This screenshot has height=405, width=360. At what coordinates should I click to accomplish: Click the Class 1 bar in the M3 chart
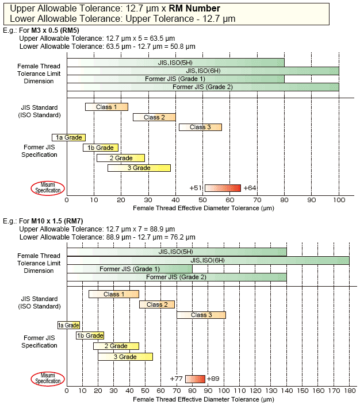click(106, 107)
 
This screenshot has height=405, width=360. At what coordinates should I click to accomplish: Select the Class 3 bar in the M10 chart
click(201, 315)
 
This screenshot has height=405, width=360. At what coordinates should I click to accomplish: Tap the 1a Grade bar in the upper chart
click(68, 137)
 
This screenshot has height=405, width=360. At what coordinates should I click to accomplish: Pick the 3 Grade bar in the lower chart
click(125, 357)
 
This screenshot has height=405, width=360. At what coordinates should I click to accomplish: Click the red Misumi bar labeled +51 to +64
click(223, 188)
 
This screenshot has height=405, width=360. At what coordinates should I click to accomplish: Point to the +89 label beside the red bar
click(213, 379)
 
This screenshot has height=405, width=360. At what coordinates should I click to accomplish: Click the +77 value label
click(177, 379)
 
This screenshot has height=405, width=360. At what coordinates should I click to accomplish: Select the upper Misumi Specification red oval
click(48, 188)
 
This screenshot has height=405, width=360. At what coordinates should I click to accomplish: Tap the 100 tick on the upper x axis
click(339, 200)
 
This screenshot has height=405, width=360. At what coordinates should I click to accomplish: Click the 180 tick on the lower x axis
click(349, 391)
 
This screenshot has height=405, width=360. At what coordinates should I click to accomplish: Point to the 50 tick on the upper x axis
click(203, 200)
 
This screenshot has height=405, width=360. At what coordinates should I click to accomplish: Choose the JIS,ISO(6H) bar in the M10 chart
click(208, 260)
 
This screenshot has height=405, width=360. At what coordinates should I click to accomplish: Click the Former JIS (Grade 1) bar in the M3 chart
click(175, 79)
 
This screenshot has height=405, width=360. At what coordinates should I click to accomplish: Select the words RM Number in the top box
click(193, 8)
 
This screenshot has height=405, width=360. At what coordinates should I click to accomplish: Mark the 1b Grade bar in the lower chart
click(90, 335)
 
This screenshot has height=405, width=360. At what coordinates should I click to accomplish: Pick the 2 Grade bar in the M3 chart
click(121, 158)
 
